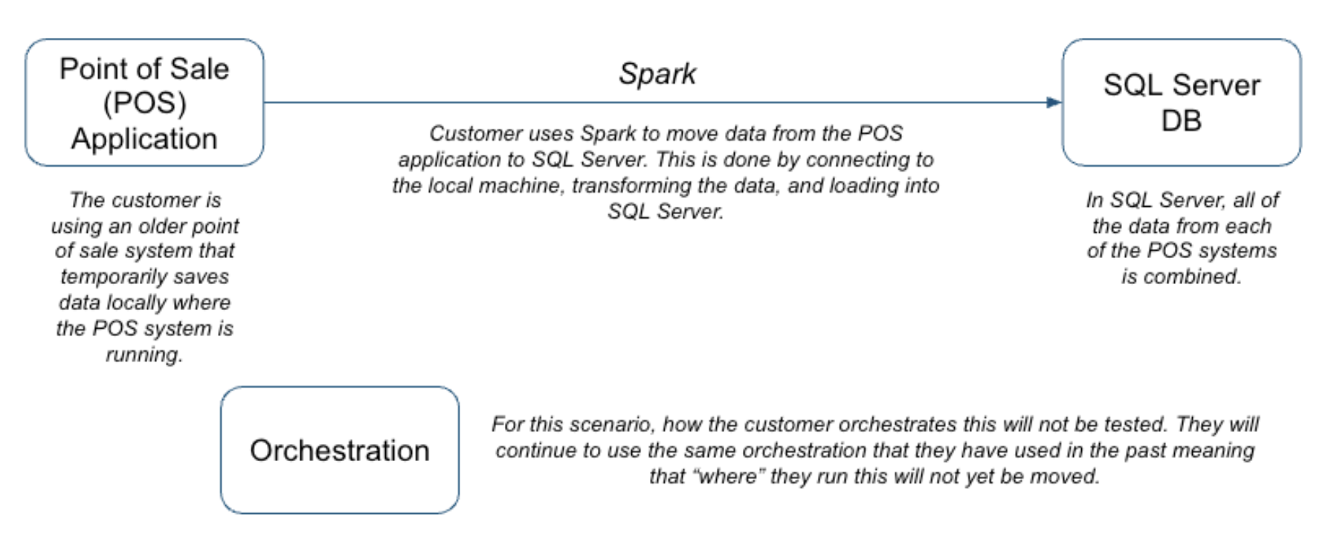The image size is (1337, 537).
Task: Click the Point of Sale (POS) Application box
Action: click(x=144, y=103)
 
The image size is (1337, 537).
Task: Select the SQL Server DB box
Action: click(x=1181, y=103)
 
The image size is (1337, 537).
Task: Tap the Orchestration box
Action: click(x=339, y=450)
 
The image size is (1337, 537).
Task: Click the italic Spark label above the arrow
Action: click(x=657, y=74)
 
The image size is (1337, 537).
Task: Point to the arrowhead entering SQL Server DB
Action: click(x=1054, y=103)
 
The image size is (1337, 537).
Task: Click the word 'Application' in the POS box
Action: click(x=144, y=139)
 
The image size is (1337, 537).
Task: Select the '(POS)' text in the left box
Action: click(x=144, y=103)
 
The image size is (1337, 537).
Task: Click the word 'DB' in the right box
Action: click(x=1181, y=120)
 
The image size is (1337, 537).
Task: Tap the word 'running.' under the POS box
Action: click(x=144, y=355)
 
